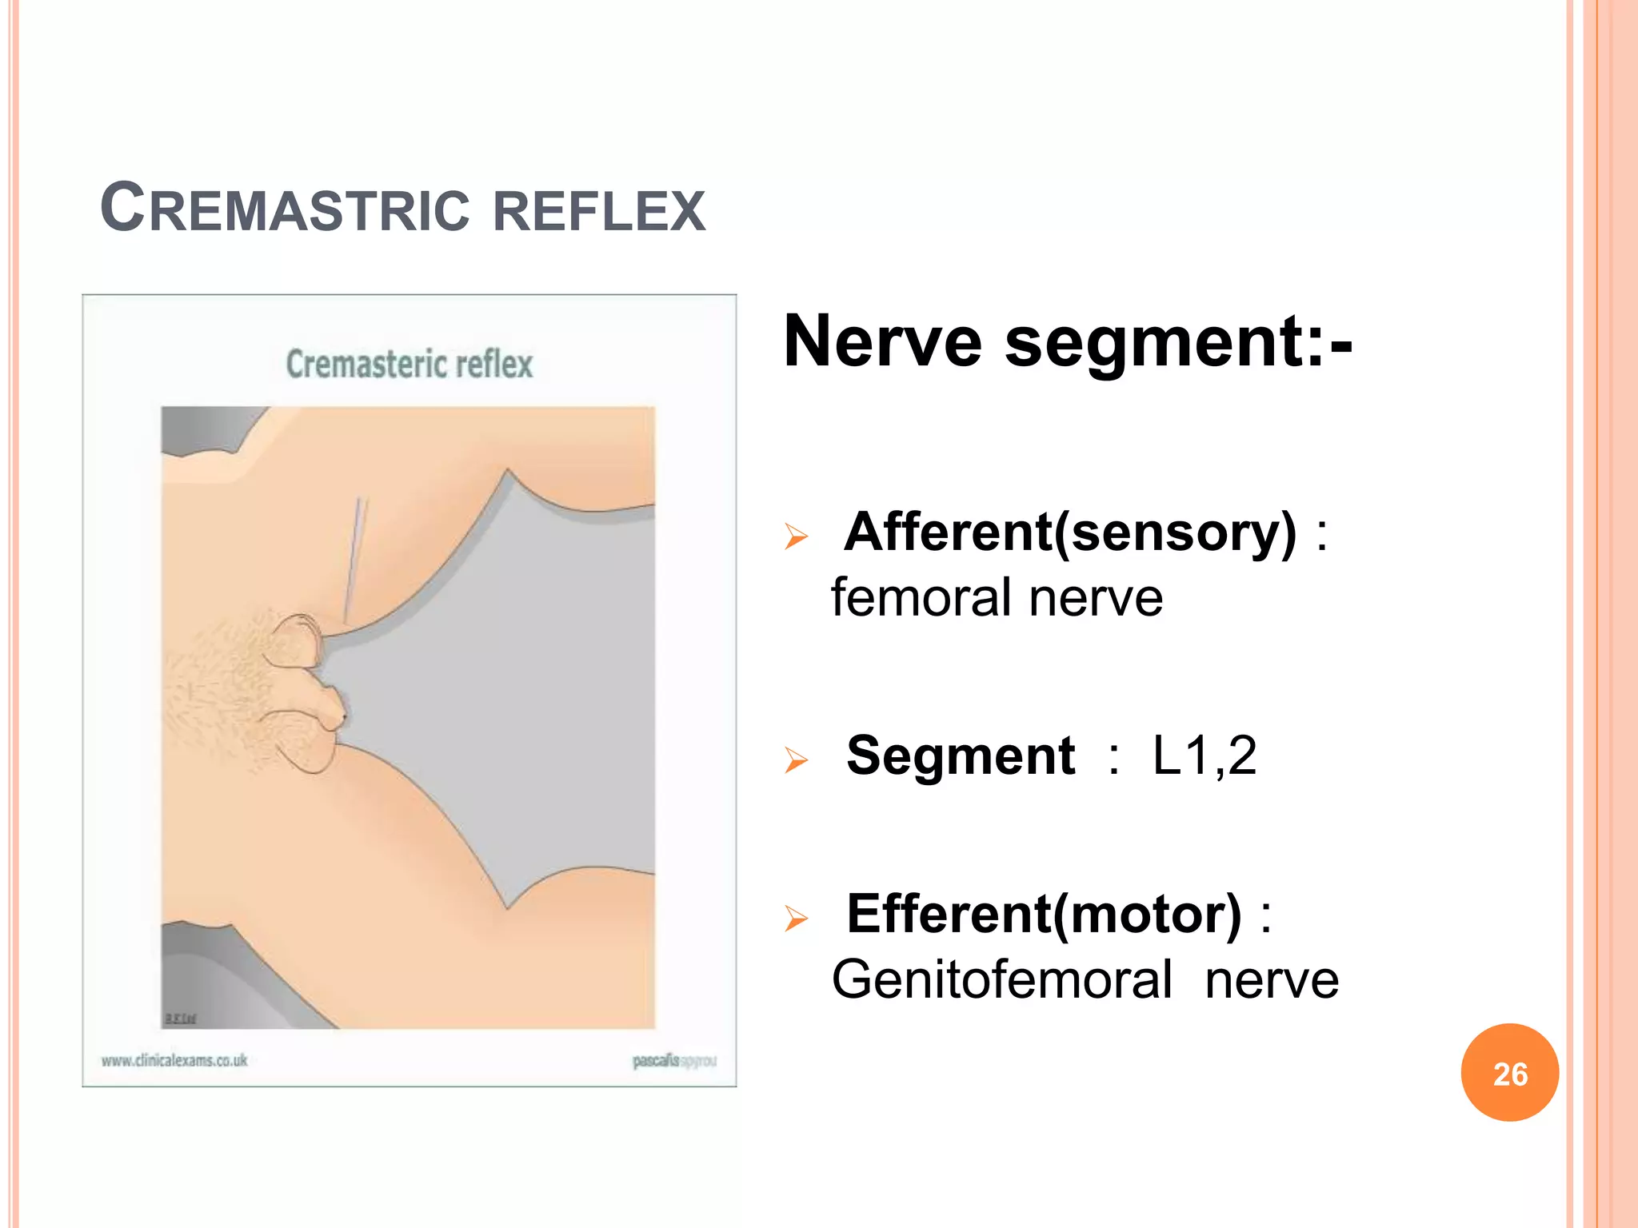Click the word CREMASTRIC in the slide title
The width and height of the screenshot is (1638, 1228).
tap(285, 208)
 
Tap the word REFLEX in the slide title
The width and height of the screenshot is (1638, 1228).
tap(599, 210)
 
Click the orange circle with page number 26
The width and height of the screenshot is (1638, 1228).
tap(1509, 1073)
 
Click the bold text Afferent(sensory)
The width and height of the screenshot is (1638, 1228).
tap(1070, 532)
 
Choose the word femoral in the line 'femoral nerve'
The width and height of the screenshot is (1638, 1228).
tap(921, 598)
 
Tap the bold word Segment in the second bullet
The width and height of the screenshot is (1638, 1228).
tap(961, 756)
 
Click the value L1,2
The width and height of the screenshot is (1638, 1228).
tap(1205, 756)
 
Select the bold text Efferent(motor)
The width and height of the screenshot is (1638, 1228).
tap(1045, 914)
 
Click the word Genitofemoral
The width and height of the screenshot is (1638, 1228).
tap(1001, 980)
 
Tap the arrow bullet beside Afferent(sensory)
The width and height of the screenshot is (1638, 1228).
tap(796, 536)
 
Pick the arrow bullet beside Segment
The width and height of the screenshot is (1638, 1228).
tap(796, 759)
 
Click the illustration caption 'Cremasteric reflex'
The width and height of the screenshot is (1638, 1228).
tap(409, 365)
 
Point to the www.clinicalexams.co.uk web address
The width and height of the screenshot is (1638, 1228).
tap(174, 1061)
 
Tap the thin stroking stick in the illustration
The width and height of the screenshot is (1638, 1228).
tap(352, 560)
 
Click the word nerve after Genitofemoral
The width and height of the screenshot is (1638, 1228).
tap(1272, 980)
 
